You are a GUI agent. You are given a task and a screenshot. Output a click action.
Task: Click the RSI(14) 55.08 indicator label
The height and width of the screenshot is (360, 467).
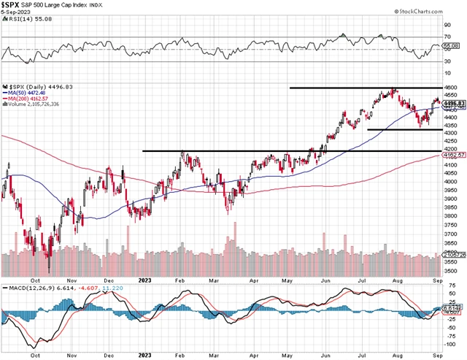[x=25, y=23]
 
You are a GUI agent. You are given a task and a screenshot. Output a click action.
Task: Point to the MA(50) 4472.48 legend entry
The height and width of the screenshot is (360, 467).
[x=28, y=92]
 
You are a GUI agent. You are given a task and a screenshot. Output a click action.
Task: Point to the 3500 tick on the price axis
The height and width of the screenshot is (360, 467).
[x=452, y=271]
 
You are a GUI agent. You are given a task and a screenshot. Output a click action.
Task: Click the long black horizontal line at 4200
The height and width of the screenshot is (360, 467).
[x=292, y=151]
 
